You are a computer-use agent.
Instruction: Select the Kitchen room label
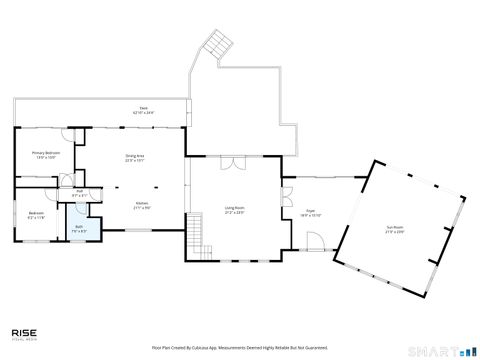143,206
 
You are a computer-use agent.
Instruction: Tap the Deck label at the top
143,111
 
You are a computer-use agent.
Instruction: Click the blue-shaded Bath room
79,229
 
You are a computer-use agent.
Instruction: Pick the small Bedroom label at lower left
36,216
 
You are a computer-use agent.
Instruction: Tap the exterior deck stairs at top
216,43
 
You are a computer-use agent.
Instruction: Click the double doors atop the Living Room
232,163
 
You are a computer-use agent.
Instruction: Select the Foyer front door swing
314,240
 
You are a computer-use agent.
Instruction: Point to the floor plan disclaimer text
240,347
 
